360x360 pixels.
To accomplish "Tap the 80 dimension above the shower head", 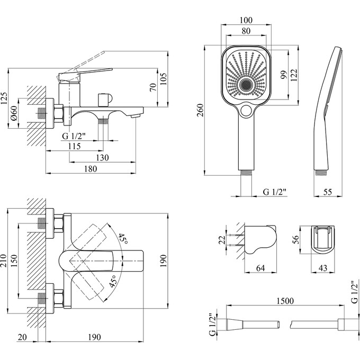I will click(x=246, y=31).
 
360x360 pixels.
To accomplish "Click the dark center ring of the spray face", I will click(x=246, y=85).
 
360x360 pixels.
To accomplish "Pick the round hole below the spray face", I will click(x=246, y=111).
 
